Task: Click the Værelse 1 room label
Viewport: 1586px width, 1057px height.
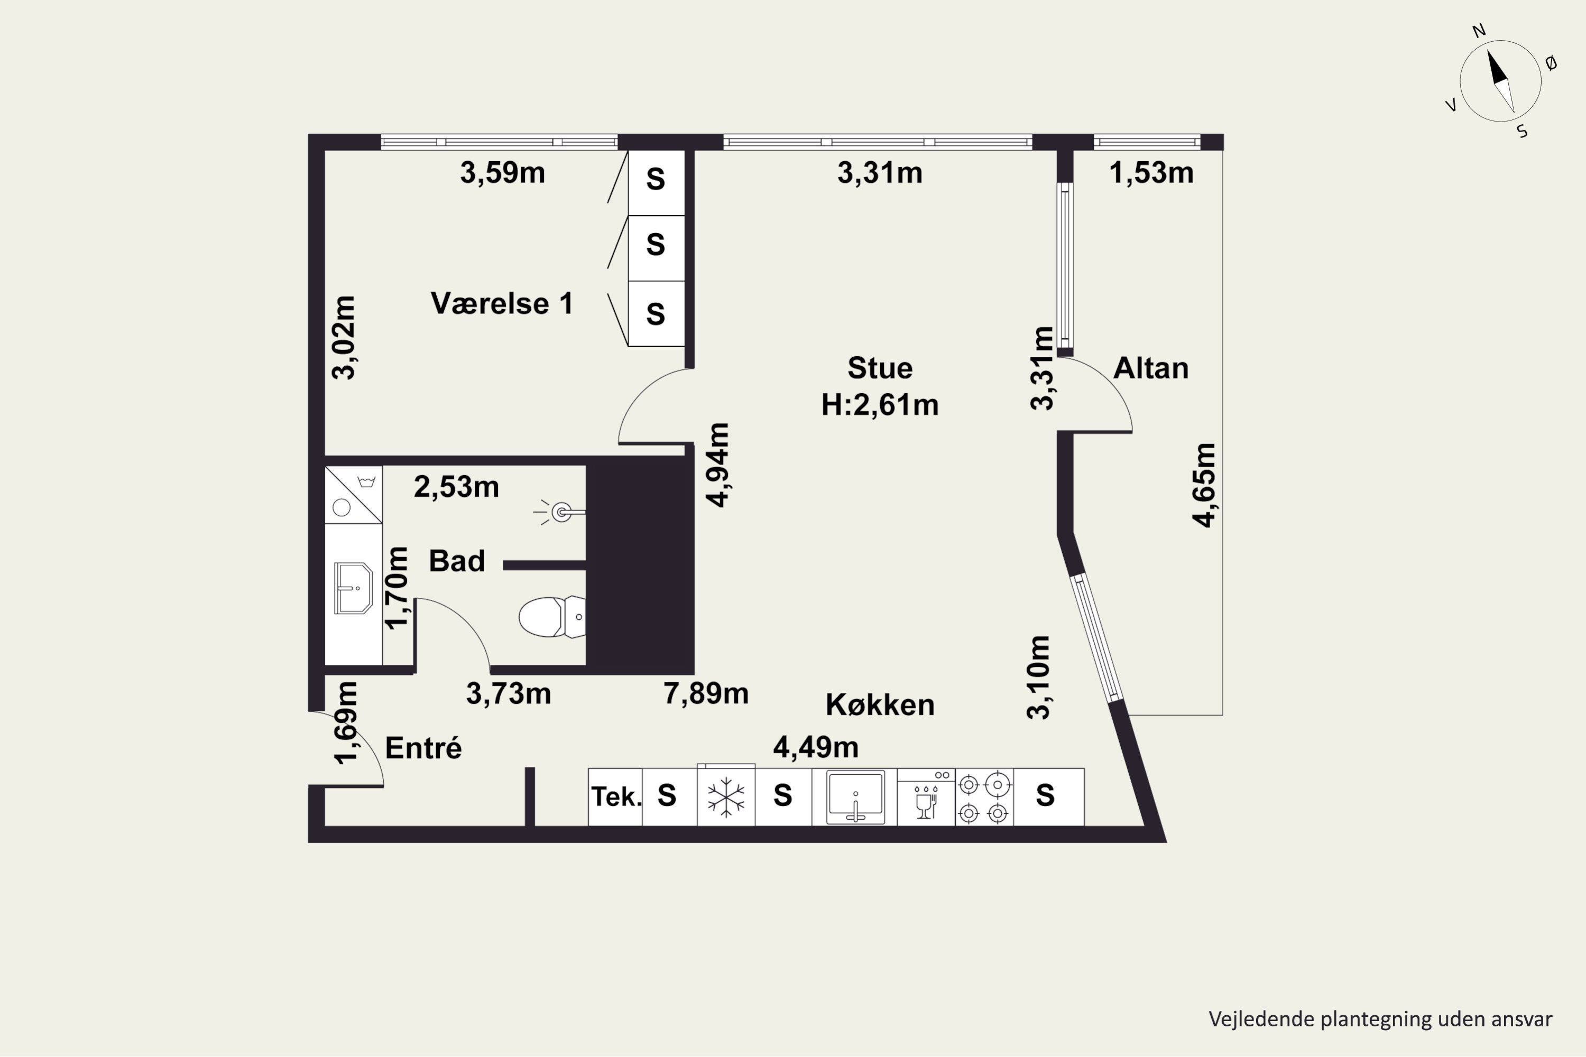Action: tap(502, 303)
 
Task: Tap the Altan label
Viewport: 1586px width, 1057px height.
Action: tap(1150, 368)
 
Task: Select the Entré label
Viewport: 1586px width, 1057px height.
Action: tap(423, 748)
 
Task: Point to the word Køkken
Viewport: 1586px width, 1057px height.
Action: tap(880, 705)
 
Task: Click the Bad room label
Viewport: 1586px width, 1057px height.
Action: tap(457, 561)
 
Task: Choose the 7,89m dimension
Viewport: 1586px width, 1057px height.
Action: tap(706, 693)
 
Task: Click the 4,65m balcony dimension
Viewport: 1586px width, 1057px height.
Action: tap(1204, 485)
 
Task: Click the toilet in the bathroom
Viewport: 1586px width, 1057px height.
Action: tap(551, 616)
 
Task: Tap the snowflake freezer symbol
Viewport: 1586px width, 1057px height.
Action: tap(725, 797)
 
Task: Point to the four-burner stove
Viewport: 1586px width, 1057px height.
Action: tap(984, 799)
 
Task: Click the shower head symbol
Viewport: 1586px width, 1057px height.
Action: tap(560, 512)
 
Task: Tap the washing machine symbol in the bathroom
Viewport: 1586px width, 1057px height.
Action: tap(353, 494)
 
